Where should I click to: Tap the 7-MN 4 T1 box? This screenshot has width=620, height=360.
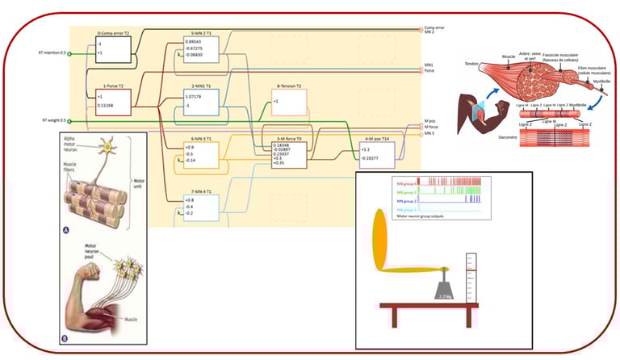tap(200, 206)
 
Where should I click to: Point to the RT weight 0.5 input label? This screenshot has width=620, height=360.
tap(54, 120)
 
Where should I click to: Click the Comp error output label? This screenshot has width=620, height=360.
tap(434, 28)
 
